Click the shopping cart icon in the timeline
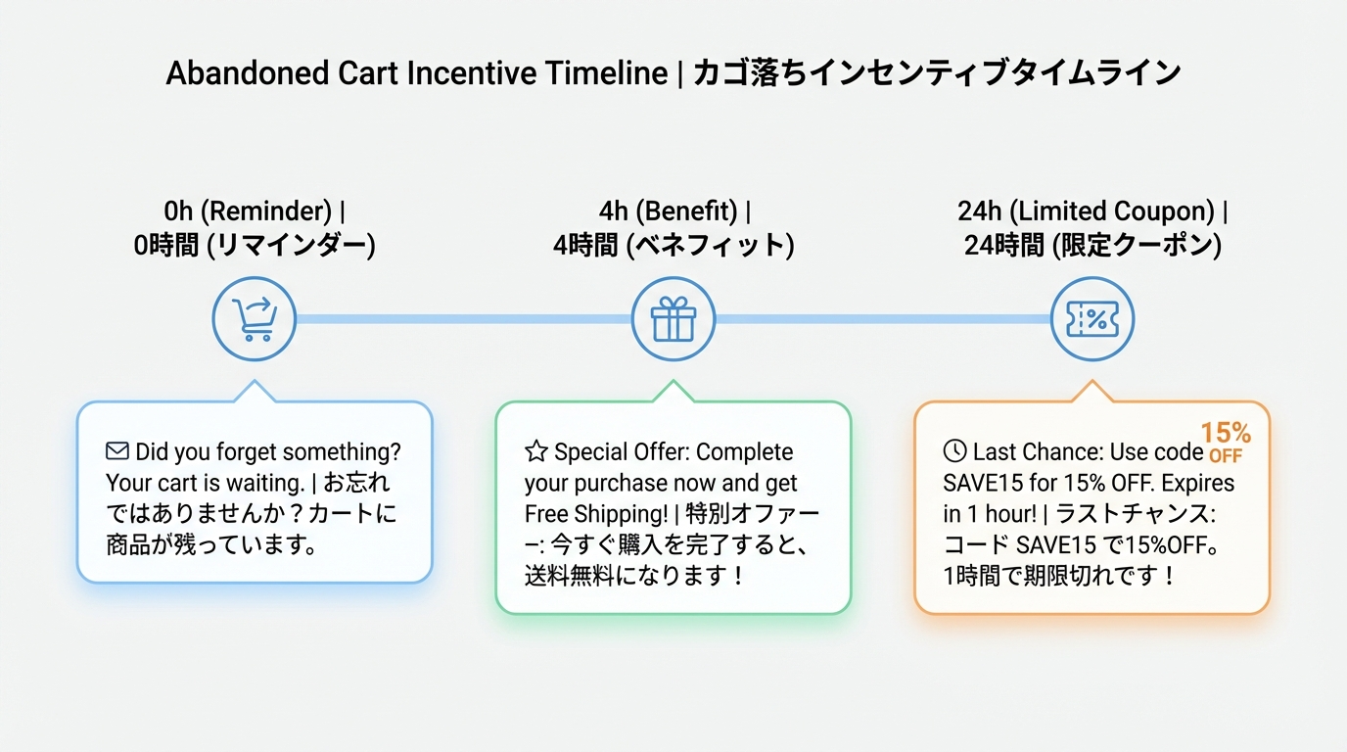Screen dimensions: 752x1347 (x=255, y=319)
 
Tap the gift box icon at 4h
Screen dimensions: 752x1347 (x=673, y=319)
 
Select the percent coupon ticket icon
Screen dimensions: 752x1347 (x=1092, y=319)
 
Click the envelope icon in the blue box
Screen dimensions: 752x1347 (x=117, y=452)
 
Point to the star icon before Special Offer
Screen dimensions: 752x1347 (x=535, y=452)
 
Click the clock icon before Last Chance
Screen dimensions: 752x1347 (x=954, y=452)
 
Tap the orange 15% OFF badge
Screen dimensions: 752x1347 (x=1225, y=442)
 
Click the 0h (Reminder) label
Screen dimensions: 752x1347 (x=255, y=211)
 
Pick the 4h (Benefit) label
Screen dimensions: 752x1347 (x=673, y=211)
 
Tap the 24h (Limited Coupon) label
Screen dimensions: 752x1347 (x=1092, y=211)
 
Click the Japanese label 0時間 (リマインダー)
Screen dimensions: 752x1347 (x=255, y=245)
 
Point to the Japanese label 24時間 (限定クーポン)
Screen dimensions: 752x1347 (x=1092, y=245)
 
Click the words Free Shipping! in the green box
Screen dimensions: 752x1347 (x=595, y=514)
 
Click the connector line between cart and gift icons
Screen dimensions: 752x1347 (x=464, y=319)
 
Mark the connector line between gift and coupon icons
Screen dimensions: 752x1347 (x=883, y=319)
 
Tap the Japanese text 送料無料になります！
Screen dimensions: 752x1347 (x=634, y=576)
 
